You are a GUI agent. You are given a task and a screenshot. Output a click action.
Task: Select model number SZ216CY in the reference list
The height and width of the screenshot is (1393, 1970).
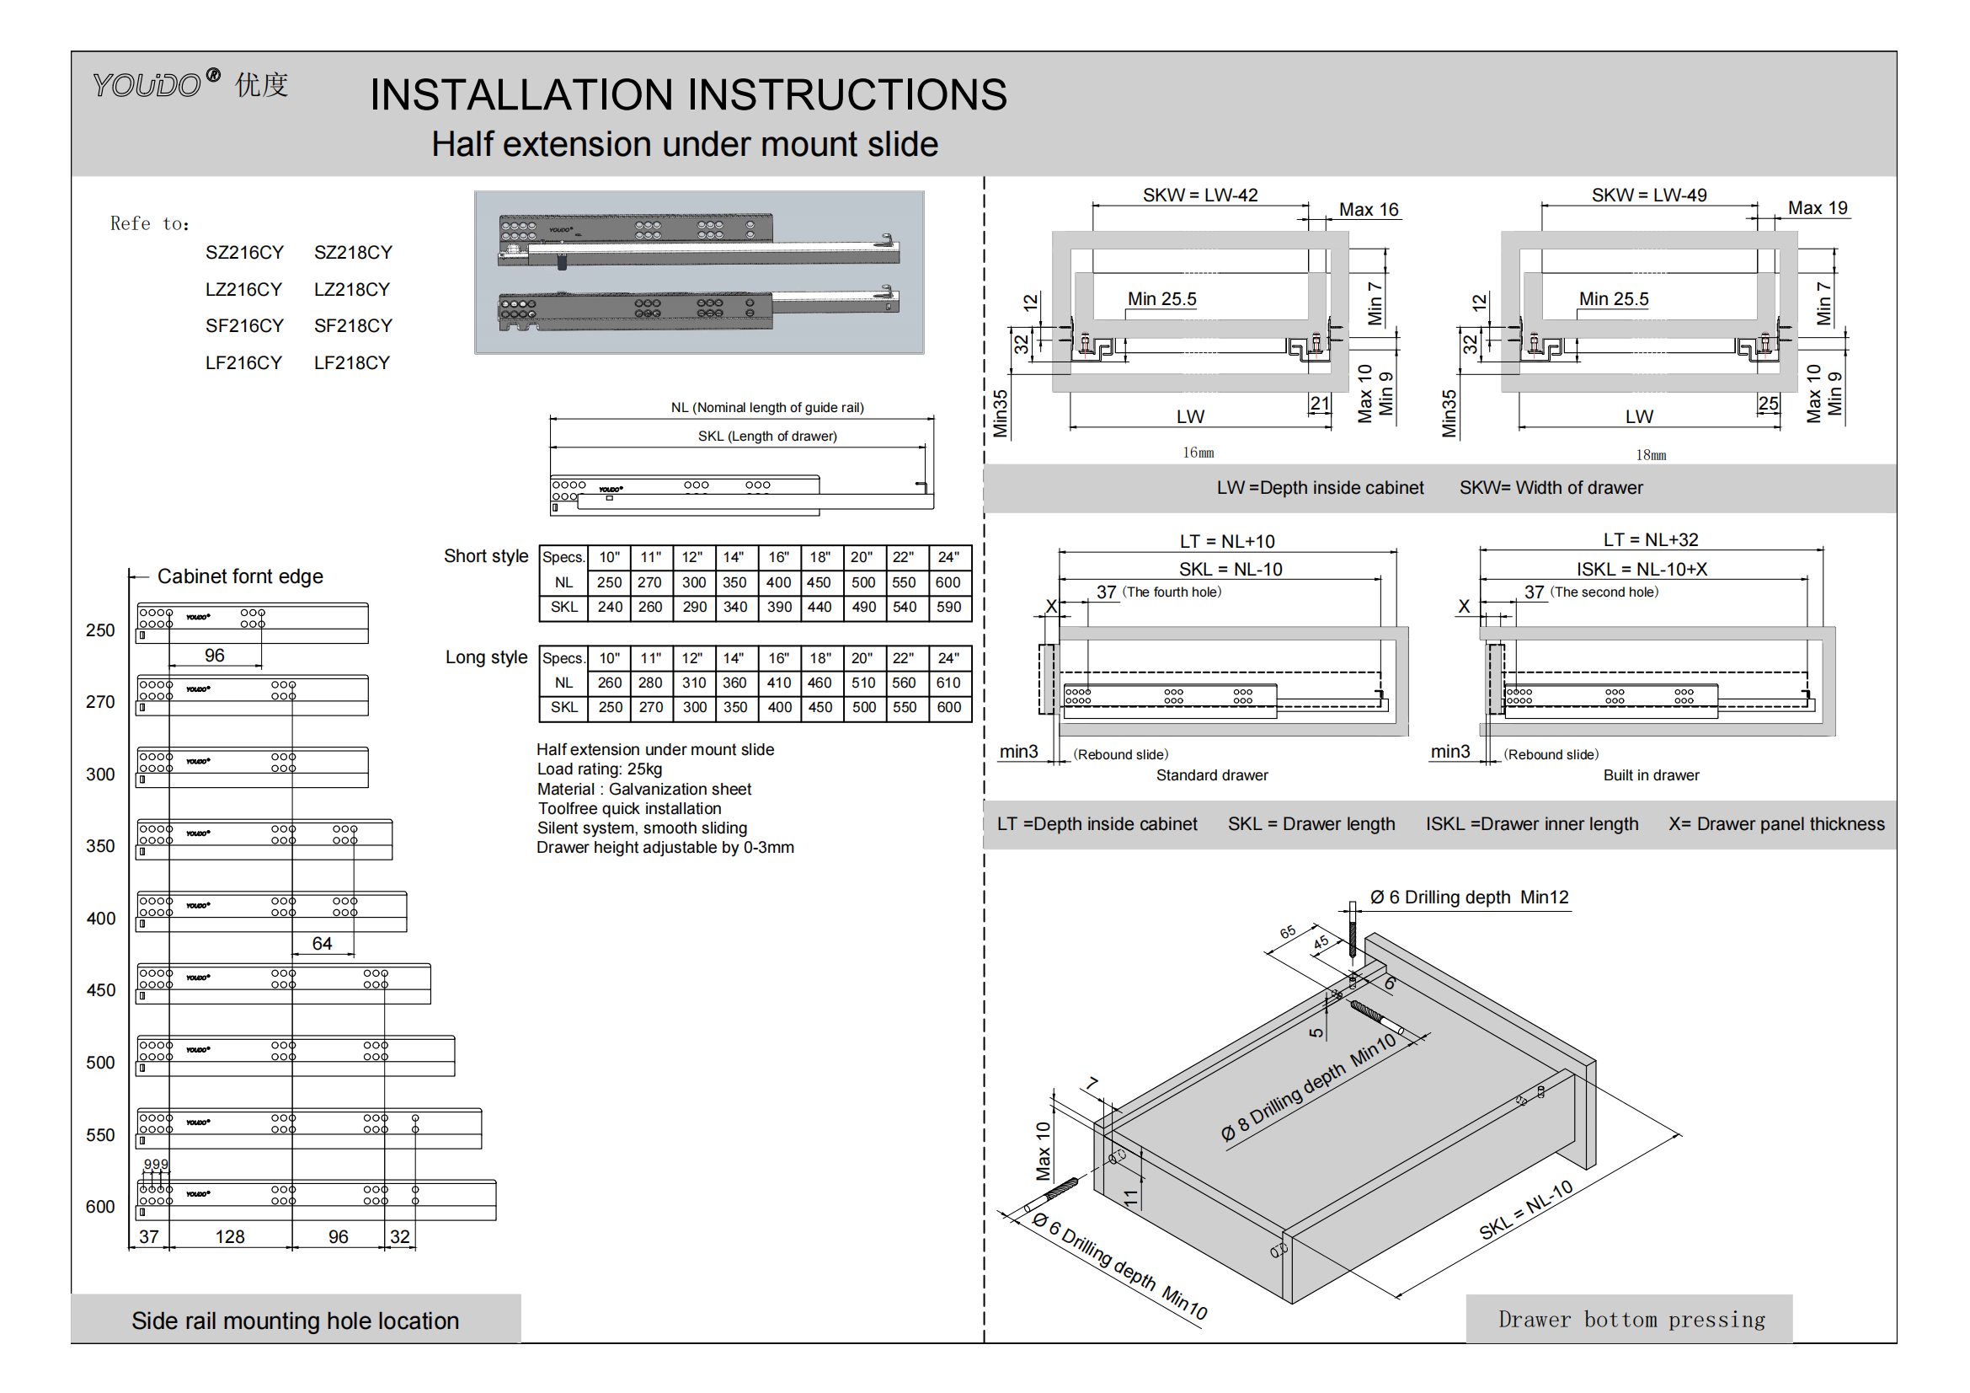pos(243,252)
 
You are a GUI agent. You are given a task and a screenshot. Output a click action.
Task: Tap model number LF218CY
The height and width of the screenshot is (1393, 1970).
pos(352,363)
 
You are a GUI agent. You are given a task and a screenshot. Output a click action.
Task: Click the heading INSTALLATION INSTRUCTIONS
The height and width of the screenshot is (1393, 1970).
pos(688,94)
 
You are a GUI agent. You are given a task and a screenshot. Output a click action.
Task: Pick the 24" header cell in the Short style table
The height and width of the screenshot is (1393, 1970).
pos(948,557)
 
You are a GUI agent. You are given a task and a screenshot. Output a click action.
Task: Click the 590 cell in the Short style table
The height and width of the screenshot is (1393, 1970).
pos(948,607)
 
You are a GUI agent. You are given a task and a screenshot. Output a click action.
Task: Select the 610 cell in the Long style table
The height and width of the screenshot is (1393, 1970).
pos(948,683)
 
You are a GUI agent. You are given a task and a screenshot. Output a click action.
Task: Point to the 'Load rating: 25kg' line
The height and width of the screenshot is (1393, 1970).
pos(600,769)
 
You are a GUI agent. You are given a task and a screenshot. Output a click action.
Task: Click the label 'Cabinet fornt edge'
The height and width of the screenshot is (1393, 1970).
pos(240,576)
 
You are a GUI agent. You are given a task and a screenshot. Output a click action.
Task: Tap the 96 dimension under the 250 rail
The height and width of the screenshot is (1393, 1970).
pos(215,656)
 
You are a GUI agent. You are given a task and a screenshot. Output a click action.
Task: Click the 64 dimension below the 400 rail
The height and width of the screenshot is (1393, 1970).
pos(322,944)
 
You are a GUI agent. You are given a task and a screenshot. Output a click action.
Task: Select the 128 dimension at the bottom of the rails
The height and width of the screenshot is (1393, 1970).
pos(230,1237)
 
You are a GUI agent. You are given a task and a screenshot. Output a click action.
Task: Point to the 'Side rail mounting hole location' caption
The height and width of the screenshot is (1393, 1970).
pos(295,1321)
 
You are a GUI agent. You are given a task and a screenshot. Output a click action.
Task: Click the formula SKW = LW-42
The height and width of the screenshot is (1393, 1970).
pos(1199,195)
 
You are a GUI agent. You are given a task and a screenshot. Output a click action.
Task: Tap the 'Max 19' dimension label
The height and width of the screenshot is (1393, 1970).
pos(1818,207)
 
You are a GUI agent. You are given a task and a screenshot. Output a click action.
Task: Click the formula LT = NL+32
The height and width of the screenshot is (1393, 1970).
pos(1650,540)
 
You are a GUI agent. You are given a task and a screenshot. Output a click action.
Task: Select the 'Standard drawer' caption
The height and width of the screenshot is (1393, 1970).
pos(1211,776)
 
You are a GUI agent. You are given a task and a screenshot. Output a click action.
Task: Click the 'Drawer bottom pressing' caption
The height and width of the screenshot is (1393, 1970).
pos(1631,1319)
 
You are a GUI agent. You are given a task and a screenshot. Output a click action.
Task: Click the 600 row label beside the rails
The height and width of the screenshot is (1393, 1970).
pos(100,1207)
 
